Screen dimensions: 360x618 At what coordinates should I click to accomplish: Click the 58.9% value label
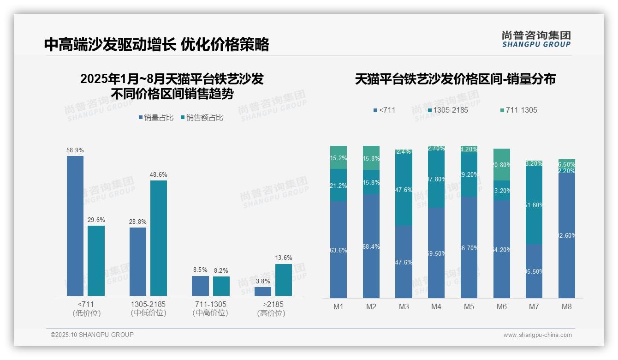click(x=75, y=150)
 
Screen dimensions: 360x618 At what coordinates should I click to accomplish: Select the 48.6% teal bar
click(x=159, y=238)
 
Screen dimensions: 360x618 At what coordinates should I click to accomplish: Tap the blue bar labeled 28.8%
click(x=138, y=261)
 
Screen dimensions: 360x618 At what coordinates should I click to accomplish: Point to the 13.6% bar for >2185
click(x=284, y=280)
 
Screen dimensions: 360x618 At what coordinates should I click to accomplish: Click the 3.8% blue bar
click(x=263, y=291)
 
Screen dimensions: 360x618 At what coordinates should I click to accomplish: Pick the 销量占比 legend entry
click(x=156, y=118)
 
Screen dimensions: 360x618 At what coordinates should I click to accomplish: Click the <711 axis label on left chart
click(x=86, y=305)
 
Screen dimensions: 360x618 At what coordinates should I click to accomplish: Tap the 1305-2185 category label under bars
click(x=148, y=305)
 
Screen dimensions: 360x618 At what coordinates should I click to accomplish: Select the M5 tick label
click(x=469, y=306)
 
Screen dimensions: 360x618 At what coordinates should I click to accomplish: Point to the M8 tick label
click(x=566, y=306)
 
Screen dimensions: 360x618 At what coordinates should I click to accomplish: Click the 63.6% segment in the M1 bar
click(x=339, y=249)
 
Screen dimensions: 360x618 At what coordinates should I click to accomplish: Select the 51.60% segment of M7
click(x=534, y=205)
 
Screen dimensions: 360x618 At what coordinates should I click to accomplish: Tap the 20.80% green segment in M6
click(x=502, y=164)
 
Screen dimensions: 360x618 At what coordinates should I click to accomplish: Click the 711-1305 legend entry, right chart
click(x=518, y=110)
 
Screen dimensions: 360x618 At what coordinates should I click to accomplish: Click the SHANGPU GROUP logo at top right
click(x=536, y=39)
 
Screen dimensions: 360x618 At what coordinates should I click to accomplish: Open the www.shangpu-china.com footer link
click(x=537, y=335)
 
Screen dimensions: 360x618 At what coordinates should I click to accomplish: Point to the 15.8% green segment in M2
click(x=371, y=158)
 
